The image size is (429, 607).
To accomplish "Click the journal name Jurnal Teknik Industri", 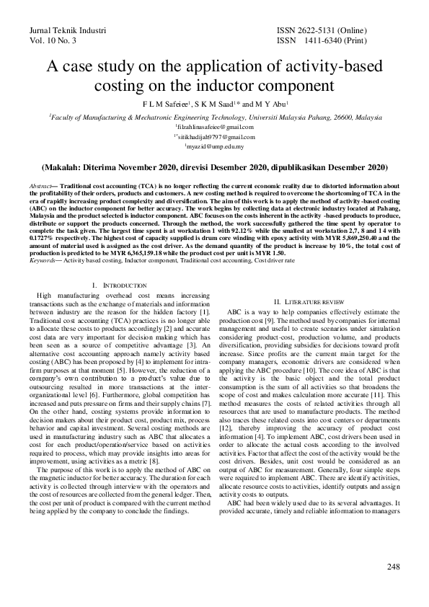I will (x=67, y=32).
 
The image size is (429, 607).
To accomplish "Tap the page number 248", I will (x=393, y=567).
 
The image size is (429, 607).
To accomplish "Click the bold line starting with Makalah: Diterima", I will (x=214, y=167).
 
